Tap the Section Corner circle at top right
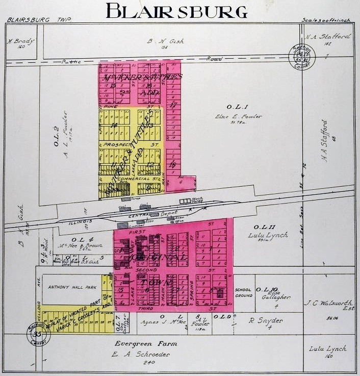coord(298,53)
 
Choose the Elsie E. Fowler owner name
coord(239,116)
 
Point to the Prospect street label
coord(115,144)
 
